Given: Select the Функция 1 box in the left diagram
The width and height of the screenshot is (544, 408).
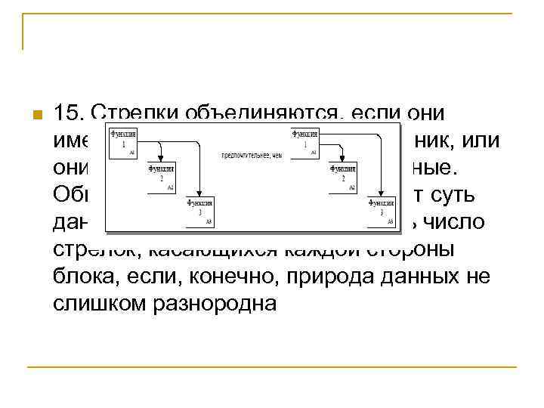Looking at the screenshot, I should click(123, 143).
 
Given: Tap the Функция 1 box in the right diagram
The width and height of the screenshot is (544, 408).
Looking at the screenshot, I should click(305, 143).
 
